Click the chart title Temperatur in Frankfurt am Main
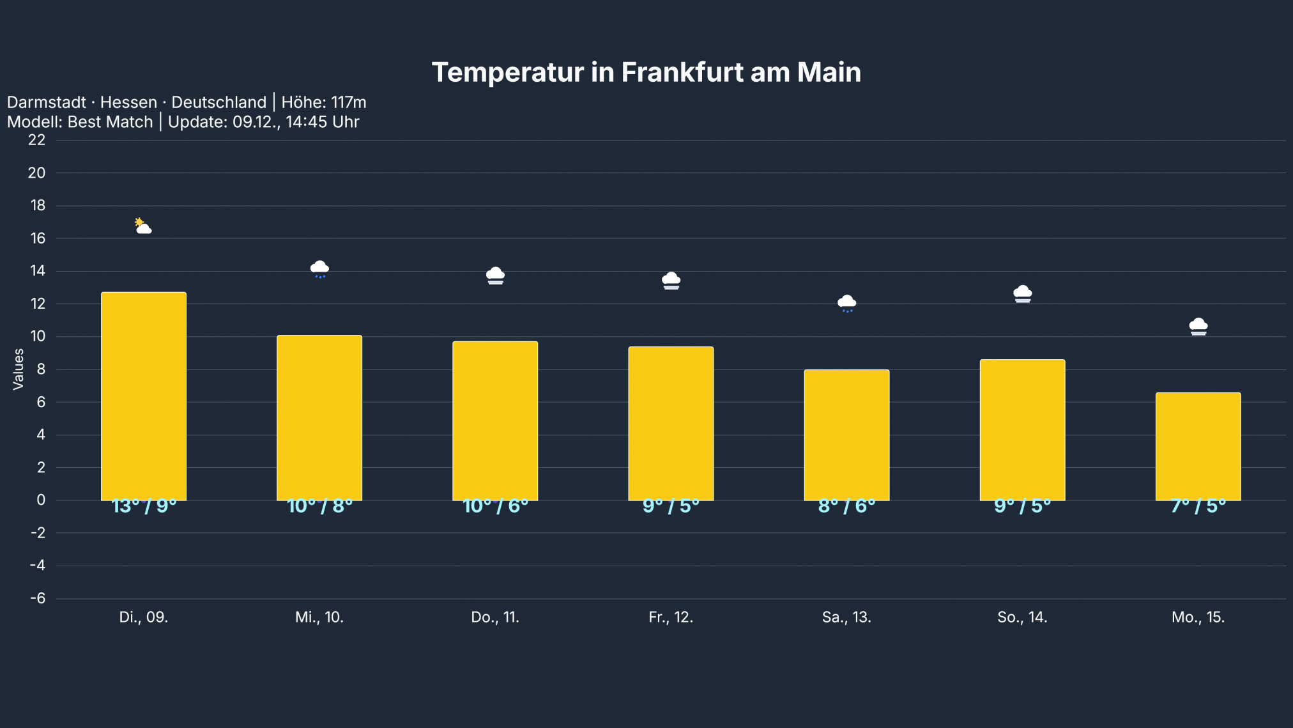646,72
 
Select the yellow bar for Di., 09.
144,396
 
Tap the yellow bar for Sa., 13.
846,435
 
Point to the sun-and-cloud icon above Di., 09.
143,226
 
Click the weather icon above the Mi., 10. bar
319,269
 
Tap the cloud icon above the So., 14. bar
1022,294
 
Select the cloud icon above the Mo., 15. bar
1198,327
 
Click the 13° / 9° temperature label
144,506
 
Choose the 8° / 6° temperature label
846,506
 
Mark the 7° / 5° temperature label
1198,506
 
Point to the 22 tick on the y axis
37,140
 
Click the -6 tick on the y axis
38,598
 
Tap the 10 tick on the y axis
37,336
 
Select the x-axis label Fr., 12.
671,617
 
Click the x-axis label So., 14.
1022,617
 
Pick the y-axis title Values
19,369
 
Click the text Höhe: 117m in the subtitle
324,102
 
